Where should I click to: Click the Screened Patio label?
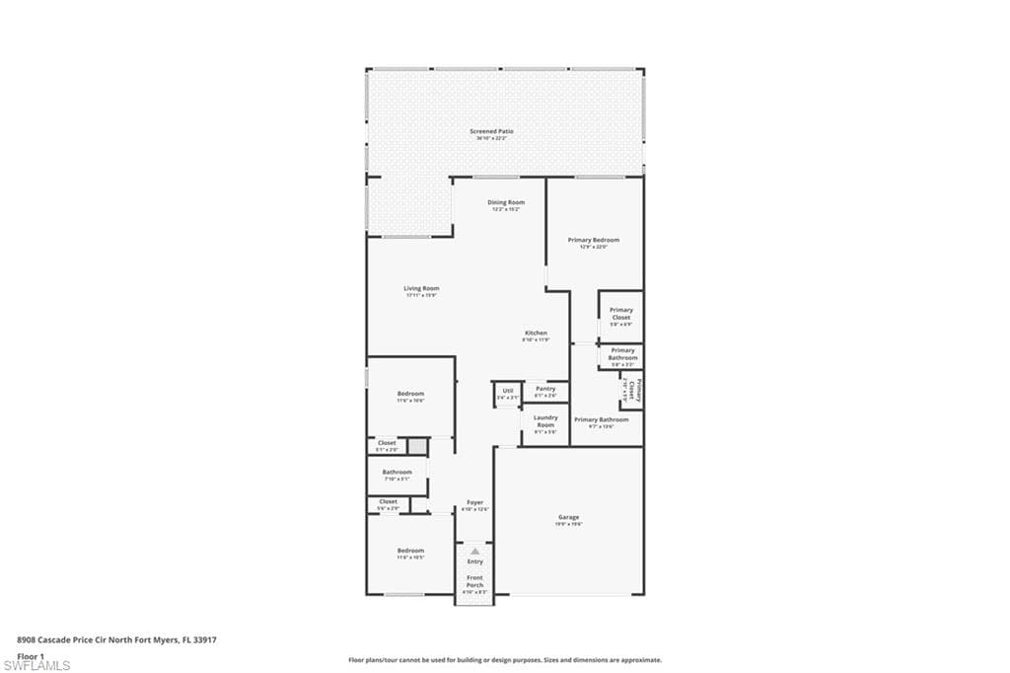pyautogui.click(x=491, y=131)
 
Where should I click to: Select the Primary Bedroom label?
pyautogui.click(x=593, y=240)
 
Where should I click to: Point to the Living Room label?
pyautogui.click(x=421, y=289)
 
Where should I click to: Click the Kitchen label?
pyautogui.click(x=536, y=334)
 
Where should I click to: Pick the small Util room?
pyautogui.click(x=507, y=393)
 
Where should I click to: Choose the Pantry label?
pyautogui.click(x=545, y=390)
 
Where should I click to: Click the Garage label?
pyautogui.click(x=568, y=517)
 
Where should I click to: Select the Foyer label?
pyautogui.click(x=475, y=504)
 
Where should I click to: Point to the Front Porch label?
pyautogui.click(x=475, y=581)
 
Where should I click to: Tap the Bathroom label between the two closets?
pyautogui.click(x=397, y=473)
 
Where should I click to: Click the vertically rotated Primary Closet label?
pyautogui.click(x=637, y=391)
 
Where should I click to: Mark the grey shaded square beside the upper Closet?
pyautogui.click(x=419, y=447)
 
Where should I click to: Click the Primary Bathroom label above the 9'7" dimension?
pyautogui.click(x=601, y=419)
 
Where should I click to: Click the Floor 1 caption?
pyautogui.click(x=32, y=655)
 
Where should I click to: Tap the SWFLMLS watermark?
pyautogui.click(x=36, y=666)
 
